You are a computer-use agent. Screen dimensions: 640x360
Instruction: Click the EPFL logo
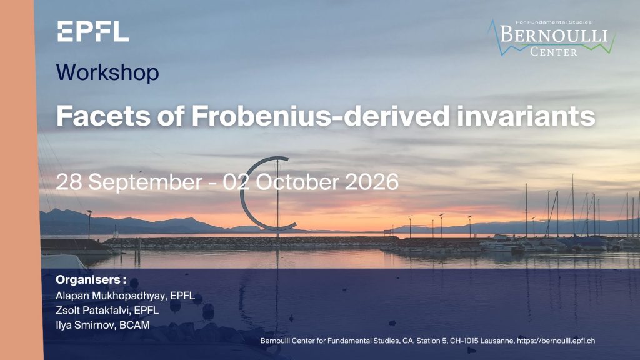click(x=93, y=32)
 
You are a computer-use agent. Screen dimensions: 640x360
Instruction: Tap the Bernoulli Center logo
click(x=551, y=37)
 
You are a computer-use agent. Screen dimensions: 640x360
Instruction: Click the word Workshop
click(x=107, y=72)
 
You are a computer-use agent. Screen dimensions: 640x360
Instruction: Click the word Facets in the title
click(x=103, y=116)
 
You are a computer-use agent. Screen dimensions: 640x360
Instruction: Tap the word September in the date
click(x=145, y=182)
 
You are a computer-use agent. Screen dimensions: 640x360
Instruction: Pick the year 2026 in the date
click(x=371, y=182)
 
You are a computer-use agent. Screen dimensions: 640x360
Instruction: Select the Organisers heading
click(x=91, y=280)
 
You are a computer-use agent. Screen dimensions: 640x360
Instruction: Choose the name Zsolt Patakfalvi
click(x=93, y=311)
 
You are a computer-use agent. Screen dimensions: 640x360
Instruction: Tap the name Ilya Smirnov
click(x=86, y=325)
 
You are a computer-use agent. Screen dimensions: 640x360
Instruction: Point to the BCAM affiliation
click(x=135, y=325)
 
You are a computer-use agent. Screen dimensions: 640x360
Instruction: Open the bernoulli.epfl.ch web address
click(x=556, y=341)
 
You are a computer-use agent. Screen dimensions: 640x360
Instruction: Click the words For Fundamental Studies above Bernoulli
click(x=554, y=22)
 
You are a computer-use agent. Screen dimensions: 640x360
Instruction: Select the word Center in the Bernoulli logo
click(x=554, y=52)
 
